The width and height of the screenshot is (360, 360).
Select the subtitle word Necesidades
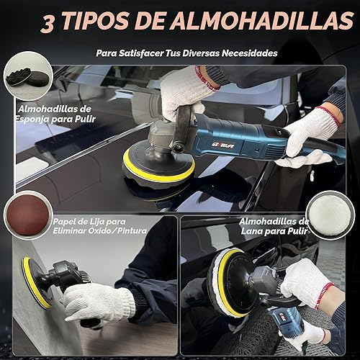tap(240, 53)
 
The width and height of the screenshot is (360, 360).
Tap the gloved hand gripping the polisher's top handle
tap(184, 90)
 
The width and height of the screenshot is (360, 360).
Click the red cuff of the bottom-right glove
tap(325, 293)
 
